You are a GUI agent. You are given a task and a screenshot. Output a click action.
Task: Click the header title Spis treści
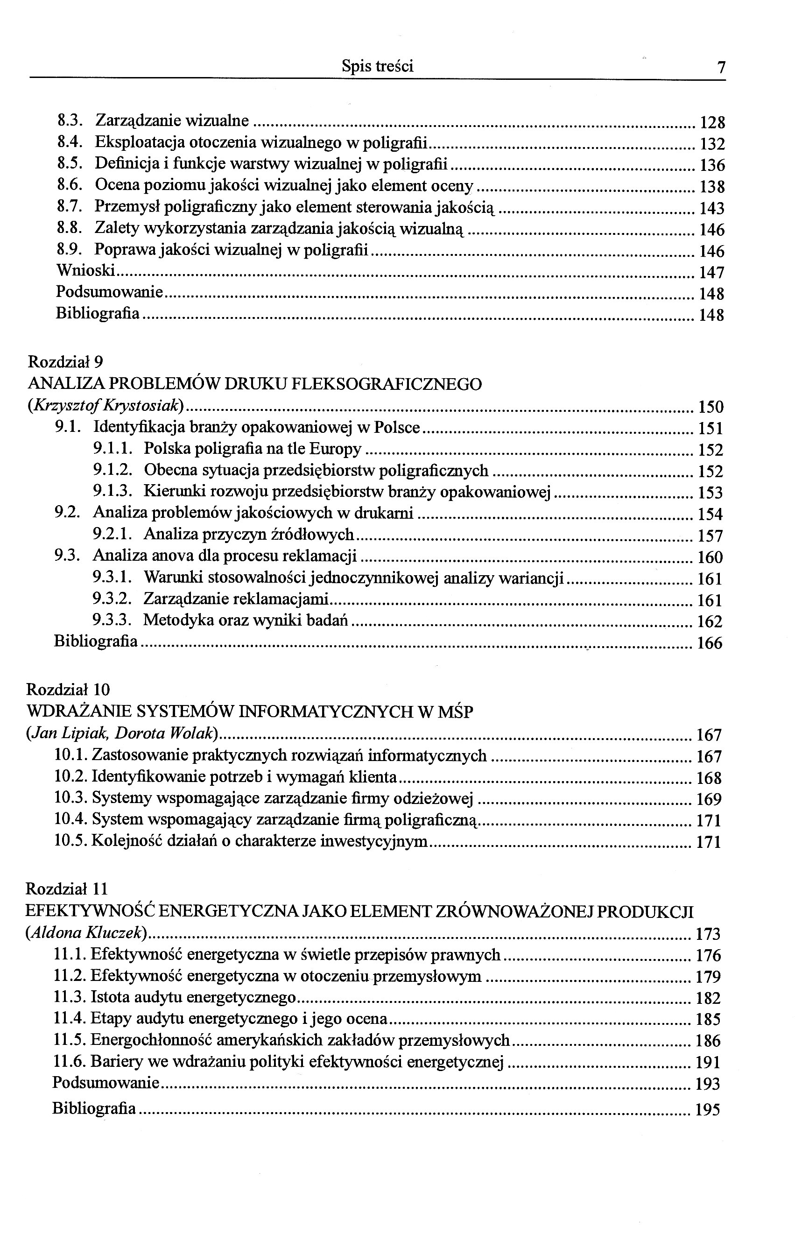(377, 66)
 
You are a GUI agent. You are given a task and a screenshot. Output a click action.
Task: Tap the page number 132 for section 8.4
(711, 144)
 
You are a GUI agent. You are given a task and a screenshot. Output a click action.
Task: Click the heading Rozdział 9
(66, 361)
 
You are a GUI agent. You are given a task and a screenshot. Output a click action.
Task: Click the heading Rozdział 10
(68, 690)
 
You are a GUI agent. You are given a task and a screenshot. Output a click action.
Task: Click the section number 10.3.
(71, 798)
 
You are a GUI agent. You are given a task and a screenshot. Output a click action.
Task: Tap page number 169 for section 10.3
(709, 799)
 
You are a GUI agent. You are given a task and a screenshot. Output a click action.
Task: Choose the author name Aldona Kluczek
(86, 933)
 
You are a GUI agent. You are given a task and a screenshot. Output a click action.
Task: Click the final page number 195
(708, 1109)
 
